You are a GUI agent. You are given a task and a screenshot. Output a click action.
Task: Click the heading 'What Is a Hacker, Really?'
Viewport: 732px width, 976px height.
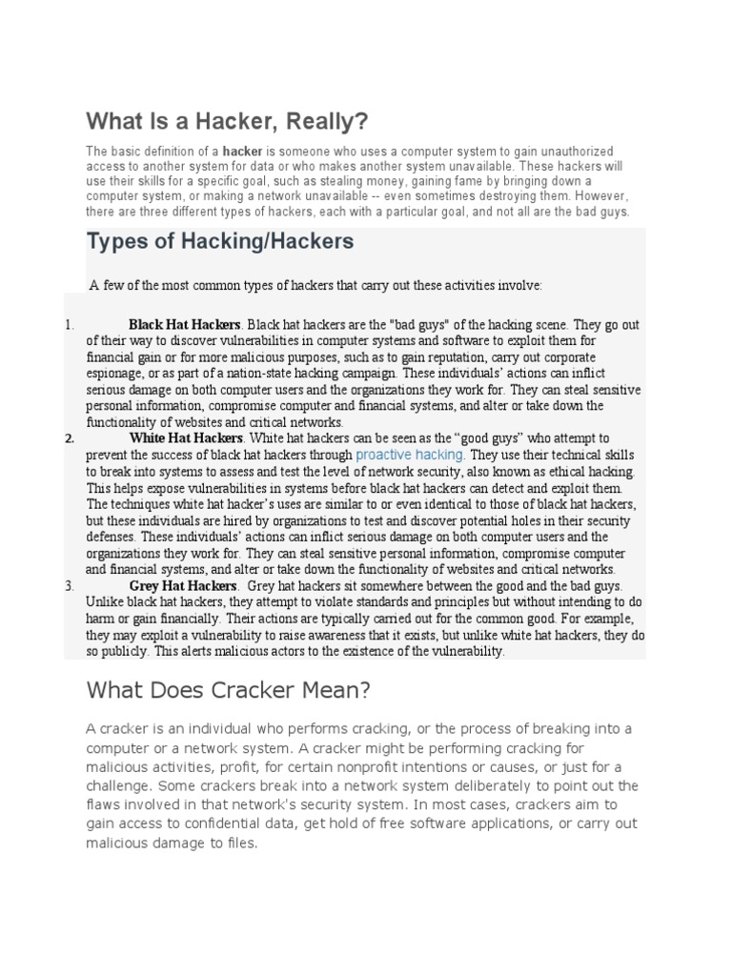click(x=227, y=122)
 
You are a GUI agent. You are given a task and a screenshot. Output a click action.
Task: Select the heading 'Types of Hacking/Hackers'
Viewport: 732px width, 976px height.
click(x=220, y=242)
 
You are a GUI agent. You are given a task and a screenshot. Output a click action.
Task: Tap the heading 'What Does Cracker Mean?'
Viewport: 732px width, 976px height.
click(x=228, y=688)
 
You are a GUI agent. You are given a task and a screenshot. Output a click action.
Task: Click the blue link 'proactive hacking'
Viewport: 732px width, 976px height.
click(x=410, y=456)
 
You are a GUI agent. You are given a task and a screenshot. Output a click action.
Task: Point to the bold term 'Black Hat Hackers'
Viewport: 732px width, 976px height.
click(x=185, y=325)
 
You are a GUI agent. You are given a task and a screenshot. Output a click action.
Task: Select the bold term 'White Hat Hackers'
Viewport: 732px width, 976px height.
click(x=186, y=439)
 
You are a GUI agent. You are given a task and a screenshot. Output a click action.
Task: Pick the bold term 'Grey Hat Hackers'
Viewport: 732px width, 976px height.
click(x=182, y=586)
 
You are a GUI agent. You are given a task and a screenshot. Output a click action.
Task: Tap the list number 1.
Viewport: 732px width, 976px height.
click(x=70, y=325)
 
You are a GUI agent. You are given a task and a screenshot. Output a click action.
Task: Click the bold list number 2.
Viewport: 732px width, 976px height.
click(x=70, y=439)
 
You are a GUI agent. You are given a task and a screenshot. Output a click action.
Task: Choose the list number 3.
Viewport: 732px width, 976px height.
click(x=70, y=586)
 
